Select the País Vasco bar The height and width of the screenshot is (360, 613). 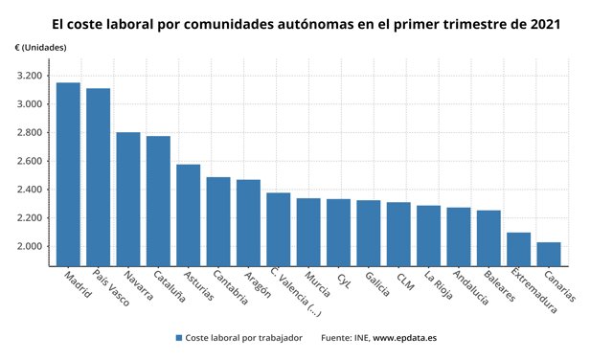click(x=98, y=177)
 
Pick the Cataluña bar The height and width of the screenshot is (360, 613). click(x=158, y=201)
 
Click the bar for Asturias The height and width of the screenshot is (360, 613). click(x=189, y=215)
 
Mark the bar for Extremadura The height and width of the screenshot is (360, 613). click(x=519, y=249)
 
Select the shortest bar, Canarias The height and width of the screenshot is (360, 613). click(x=549, y=254)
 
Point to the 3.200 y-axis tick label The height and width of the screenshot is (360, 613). click(x=29, y=76)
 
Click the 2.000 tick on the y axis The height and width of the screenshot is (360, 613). click(x=29, y=246)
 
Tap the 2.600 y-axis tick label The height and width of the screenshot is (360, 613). click(x=29, y=161)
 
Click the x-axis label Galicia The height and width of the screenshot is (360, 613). click(x=376, y=284)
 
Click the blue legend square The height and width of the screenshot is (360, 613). click(x=179, y=338)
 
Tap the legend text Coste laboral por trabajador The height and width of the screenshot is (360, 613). click(x=243, y=338)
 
